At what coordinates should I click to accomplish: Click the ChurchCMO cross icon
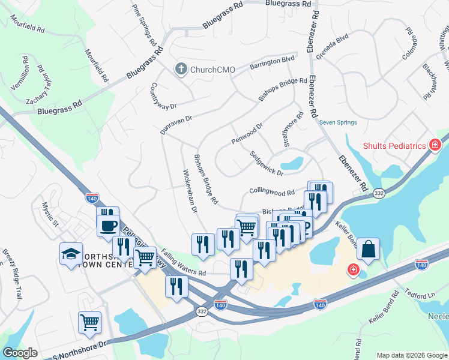point(179,69)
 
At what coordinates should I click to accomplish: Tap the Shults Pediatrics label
point(394,146)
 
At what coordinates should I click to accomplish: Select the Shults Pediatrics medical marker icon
point(435,145)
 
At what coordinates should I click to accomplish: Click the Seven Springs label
point(338,122)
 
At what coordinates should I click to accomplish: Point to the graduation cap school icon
point(71,253)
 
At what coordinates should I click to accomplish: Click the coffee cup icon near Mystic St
point(108,226)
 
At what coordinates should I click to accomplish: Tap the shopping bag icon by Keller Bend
point(369,247)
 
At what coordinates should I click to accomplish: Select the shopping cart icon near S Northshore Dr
point(89,322)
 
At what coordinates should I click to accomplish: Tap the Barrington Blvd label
point(273,62)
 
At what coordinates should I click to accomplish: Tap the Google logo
point(20,353)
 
